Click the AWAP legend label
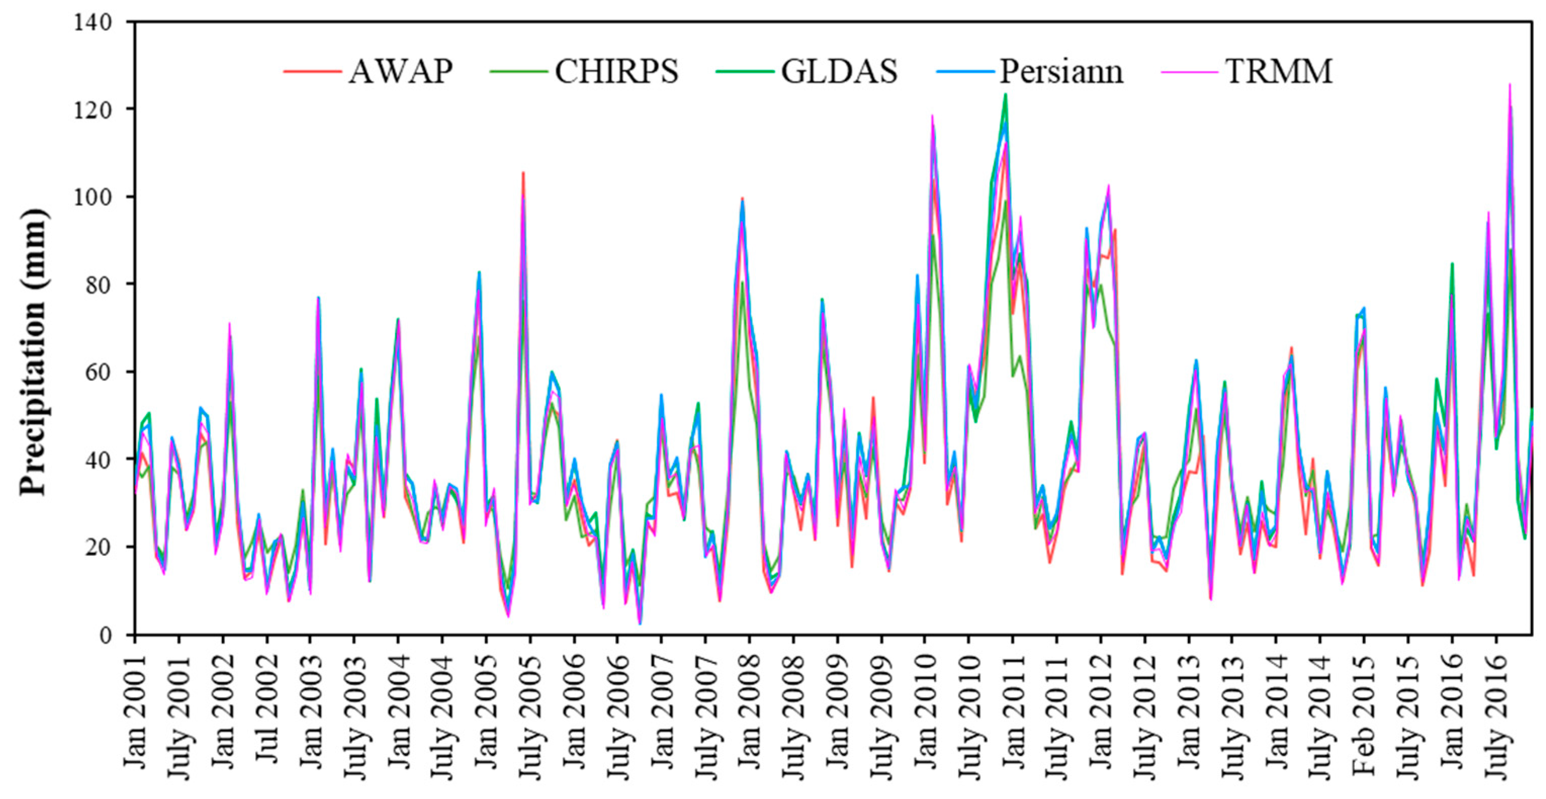coord(401,72)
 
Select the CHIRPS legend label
coord(616,72)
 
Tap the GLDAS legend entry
coord(838,72)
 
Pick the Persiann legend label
coord(1061,72)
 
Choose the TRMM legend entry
coord(1279,72)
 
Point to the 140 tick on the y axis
coord(93,23)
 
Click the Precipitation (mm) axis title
coord(32,352)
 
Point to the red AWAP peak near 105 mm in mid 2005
coord(523,173)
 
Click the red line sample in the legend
coord(312,72)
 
